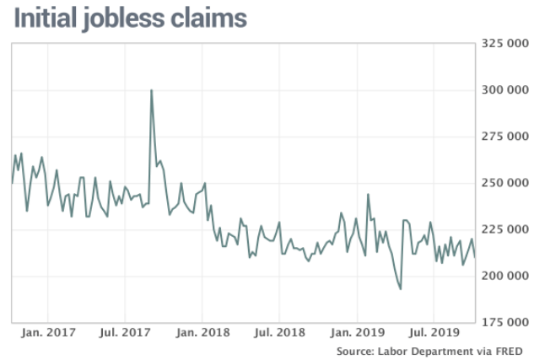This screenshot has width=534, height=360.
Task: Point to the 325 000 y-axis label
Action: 503,42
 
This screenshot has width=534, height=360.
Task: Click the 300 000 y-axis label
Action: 503,89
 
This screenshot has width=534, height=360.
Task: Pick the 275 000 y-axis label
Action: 503,136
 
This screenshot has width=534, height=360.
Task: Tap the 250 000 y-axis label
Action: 503,182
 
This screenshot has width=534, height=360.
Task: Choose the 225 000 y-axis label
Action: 503,228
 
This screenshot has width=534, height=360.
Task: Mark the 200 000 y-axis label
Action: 503,276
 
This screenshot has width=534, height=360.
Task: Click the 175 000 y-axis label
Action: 503,322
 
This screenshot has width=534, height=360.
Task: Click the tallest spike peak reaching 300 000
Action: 151,90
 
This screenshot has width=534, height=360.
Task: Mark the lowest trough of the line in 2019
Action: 401,289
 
